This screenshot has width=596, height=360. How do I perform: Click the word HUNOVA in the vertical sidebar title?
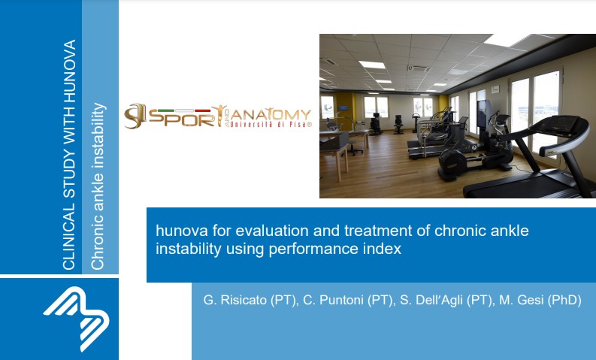(x=70, y=71)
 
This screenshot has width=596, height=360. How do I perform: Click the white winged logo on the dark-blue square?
(x=77, y=318)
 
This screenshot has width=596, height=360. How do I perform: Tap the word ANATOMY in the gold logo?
(x=271, y=114)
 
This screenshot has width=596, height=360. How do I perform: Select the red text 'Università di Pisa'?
(x=271, y=124)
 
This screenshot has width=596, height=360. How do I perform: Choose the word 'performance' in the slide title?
(x=313, y=250)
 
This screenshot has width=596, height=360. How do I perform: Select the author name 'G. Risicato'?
(x=235, y=300)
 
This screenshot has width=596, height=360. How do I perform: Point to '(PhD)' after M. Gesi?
(x=564, y=301)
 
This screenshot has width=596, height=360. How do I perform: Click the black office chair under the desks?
(x=398, y=124)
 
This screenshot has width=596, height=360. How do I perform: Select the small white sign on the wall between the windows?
(x=495, y=89)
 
